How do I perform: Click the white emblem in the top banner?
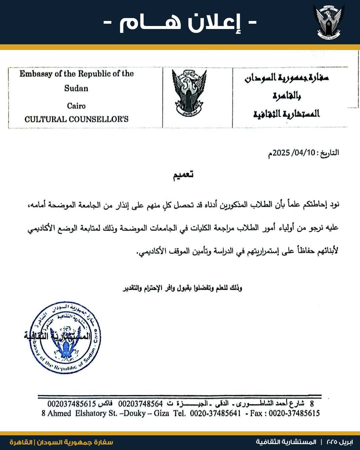pos(329,22)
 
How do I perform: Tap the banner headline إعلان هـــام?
pos(180,23)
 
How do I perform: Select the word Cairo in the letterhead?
pos(76,106)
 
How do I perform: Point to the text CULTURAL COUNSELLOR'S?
pos(76,119)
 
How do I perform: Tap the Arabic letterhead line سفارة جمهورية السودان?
pos(286,78)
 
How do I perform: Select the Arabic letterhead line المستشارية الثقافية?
pos(286,114)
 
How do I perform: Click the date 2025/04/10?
pos(294,153)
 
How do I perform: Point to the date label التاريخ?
pos(328,153)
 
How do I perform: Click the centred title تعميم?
pos(183,175)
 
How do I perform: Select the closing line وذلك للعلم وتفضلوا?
pos(183,288)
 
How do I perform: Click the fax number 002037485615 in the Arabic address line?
pos(72,404)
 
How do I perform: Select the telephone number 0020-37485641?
pos(215,414)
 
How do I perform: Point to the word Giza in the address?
pos(161,414)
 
